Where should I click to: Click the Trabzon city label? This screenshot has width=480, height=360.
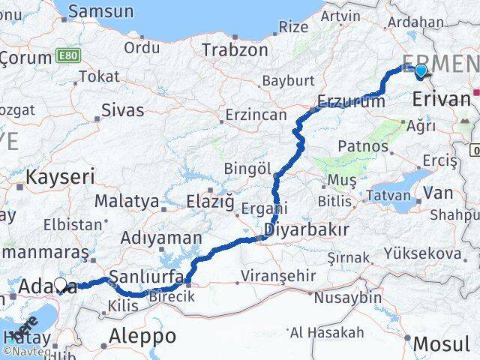235,51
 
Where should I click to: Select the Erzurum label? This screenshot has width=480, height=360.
351,102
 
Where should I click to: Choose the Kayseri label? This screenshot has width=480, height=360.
60,178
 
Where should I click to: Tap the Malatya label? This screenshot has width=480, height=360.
127,201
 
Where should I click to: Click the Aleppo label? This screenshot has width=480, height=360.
142,336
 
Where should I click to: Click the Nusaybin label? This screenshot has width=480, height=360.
348,298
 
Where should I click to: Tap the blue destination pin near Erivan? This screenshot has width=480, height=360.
421,71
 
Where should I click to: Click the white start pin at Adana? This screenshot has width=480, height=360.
61,286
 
